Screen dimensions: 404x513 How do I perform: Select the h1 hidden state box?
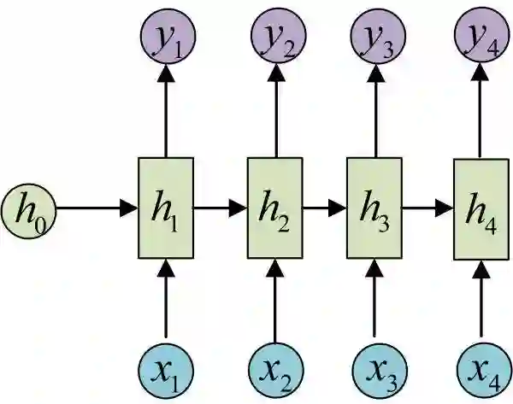[x=166, y=208]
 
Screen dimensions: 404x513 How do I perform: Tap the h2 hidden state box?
[x=274, y=208]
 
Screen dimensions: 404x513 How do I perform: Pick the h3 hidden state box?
[x=374, y=208]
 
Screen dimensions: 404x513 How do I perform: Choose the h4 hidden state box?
[x=480, y=208]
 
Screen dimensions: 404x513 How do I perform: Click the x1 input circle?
[x=166, y=370]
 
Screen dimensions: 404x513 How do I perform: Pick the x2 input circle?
[x=274, y=370]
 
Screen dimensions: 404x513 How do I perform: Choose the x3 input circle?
[x=374, y=370]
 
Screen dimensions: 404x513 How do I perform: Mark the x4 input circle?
[x=480, y=370]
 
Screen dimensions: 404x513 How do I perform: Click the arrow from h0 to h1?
[x=94, y=208]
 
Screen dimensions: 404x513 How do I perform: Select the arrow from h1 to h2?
[x=221, y=208]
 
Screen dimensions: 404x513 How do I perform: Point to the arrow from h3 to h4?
[x=427, y=208]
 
